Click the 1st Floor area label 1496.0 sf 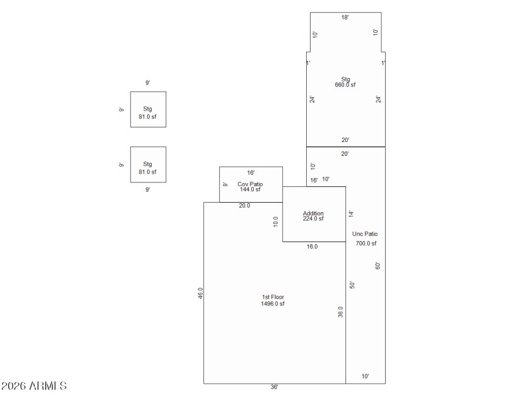click(273, 304)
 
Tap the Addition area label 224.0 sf click(313, 219)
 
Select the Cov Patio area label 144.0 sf click(250, 189)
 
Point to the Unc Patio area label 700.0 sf click(365, 243)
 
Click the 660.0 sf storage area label click(345, 85)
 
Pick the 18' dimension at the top click(345, 18)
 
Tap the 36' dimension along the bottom click(274, 387)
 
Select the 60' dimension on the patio click(378, 266)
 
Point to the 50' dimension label click(353, 285)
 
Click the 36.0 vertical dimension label click(341, 312)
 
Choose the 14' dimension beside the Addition click(352, 214)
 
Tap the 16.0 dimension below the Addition click(312, 247)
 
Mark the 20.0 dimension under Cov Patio click(244, 206)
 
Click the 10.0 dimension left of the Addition click(276, 222)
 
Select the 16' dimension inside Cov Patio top click(251, 172)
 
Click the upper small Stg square click(148, 109)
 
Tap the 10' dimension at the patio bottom click(365, 376)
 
